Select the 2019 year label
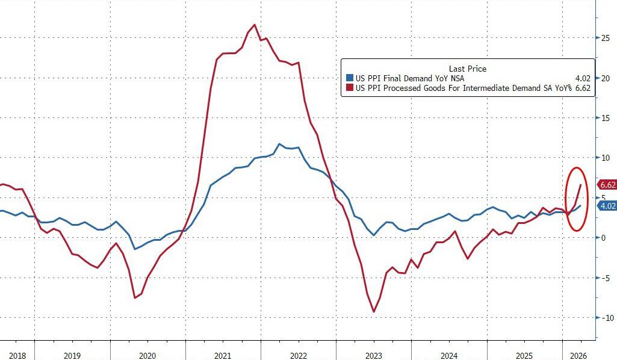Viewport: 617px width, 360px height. [72, 355]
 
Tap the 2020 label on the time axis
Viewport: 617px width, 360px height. [147, 355]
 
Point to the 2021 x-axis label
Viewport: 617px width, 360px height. [223, 355]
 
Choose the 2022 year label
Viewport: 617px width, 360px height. [299, 355]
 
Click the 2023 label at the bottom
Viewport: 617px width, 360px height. [374, 355]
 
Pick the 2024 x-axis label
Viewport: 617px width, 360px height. [449, 355]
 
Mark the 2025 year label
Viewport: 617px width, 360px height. [524, 355]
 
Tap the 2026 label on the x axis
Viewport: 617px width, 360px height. [578, 355]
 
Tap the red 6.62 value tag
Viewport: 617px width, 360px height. [606, 185]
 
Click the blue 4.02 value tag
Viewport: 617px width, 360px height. [606, 206]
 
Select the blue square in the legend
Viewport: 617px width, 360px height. [349, 78]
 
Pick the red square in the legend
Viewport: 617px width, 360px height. [349, 88]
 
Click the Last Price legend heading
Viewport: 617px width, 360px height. [467, 69]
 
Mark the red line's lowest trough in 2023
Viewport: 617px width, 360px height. [374, 312]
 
